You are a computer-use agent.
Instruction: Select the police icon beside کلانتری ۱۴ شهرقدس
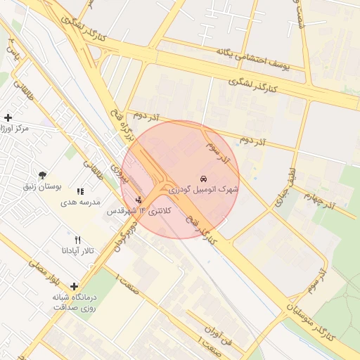coord(139,200)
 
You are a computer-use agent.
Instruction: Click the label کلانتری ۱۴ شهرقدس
coord(139,211)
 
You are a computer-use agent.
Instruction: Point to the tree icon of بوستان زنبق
coord(44,175)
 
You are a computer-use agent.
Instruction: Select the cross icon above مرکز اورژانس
coord(8,117)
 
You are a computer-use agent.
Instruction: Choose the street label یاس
coord(12,49)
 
